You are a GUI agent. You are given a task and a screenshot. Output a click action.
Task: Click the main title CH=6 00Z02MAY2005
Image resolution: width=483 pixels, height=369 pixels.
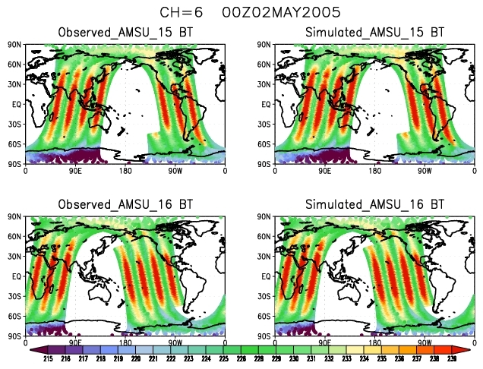[239, 12]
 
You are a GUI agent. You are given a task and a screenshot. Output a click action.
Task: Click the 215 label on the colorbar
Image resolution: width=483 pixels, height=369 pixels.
[48, 357]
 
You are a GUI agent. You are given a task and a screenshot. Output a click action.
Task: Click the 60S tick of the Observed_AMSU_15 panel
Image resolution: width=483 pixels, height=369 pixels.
[16, 143]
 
